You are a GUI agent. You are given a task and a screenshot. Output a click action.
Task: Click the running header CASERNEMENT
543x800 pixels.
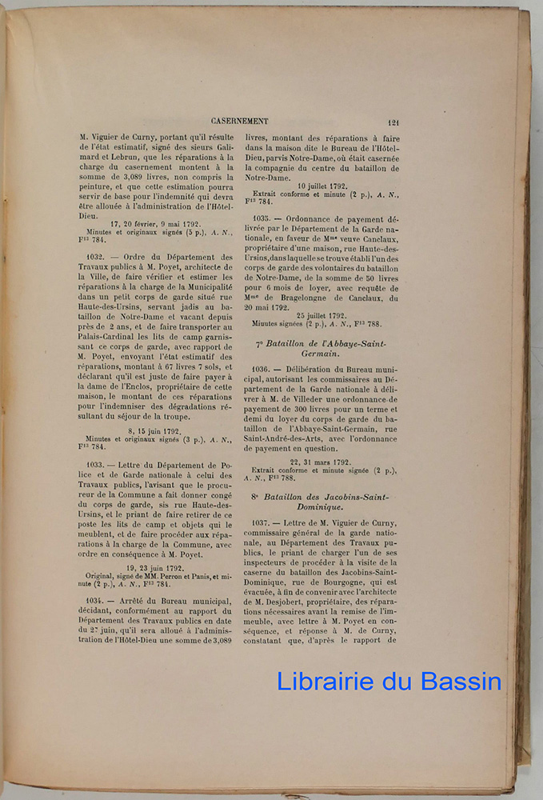click(240, 121)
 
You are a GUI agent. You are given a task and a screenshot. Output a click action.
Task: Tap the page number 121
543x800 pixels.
click(393, 122)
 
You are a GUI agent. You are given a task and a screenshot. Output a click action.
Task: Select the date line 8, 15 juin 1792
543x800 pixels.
click(154, 430)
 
